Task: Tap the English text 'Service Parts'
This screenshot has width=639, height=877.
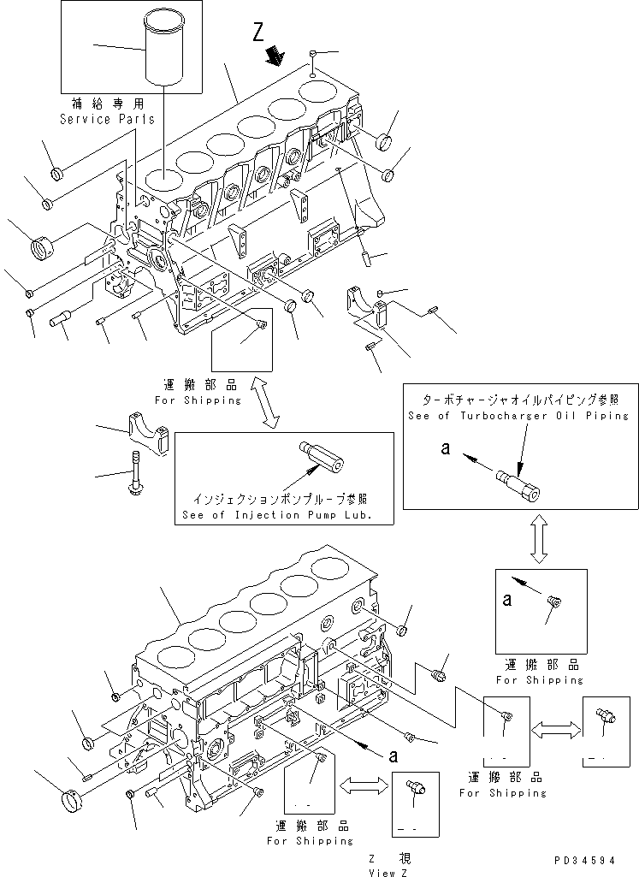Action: pyautogui.click(x=107, y=119)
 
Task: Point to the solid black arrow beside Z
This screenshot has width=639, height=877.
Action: pyautogui.click(x=275, y=56)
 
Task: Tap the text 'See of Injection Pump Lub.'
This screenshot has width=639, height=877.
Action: pyautogui.click(x=282, y=515)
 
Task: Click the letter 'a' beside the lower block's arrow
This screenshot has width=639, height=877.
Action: pyautogui.click(x=393, y=756)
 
